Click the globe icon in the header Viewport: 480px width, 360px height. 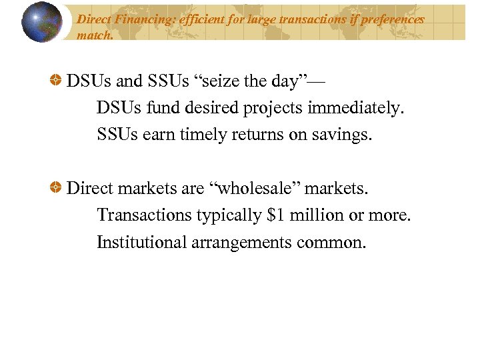pos(41,21)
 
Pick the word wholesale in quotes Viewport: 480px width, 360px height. pos(257,189)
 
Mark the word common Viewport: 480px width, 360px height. pos(333,242)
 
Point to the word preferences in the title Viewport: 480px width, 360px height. pos(392,19)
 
